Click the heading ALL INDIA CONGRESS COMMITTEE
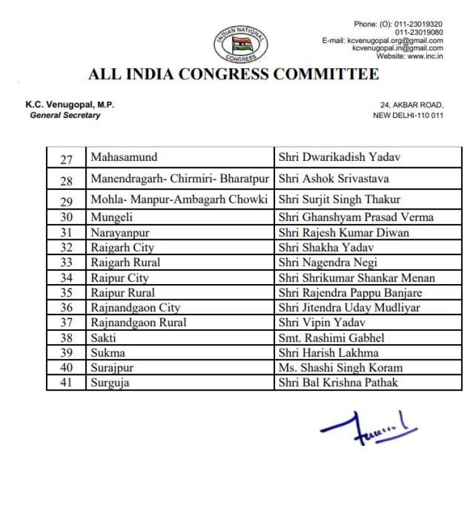(x=233, y=74)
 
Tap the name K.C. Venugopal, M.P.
(x=69, y=105)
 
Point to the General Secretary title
(x=65, y=116)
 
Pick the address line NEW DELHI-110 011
(x=408, y=116)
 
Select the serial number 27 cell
(x=66, y=159)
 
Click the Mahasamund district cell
(x=124, y=157)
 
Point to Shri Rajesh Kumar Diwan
(x=344, y=232)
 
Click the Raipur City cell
(x=120, y=278)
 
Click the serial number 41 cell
(x=66, y=383)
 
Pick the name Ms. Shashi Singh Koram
(x=341, y=367)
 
